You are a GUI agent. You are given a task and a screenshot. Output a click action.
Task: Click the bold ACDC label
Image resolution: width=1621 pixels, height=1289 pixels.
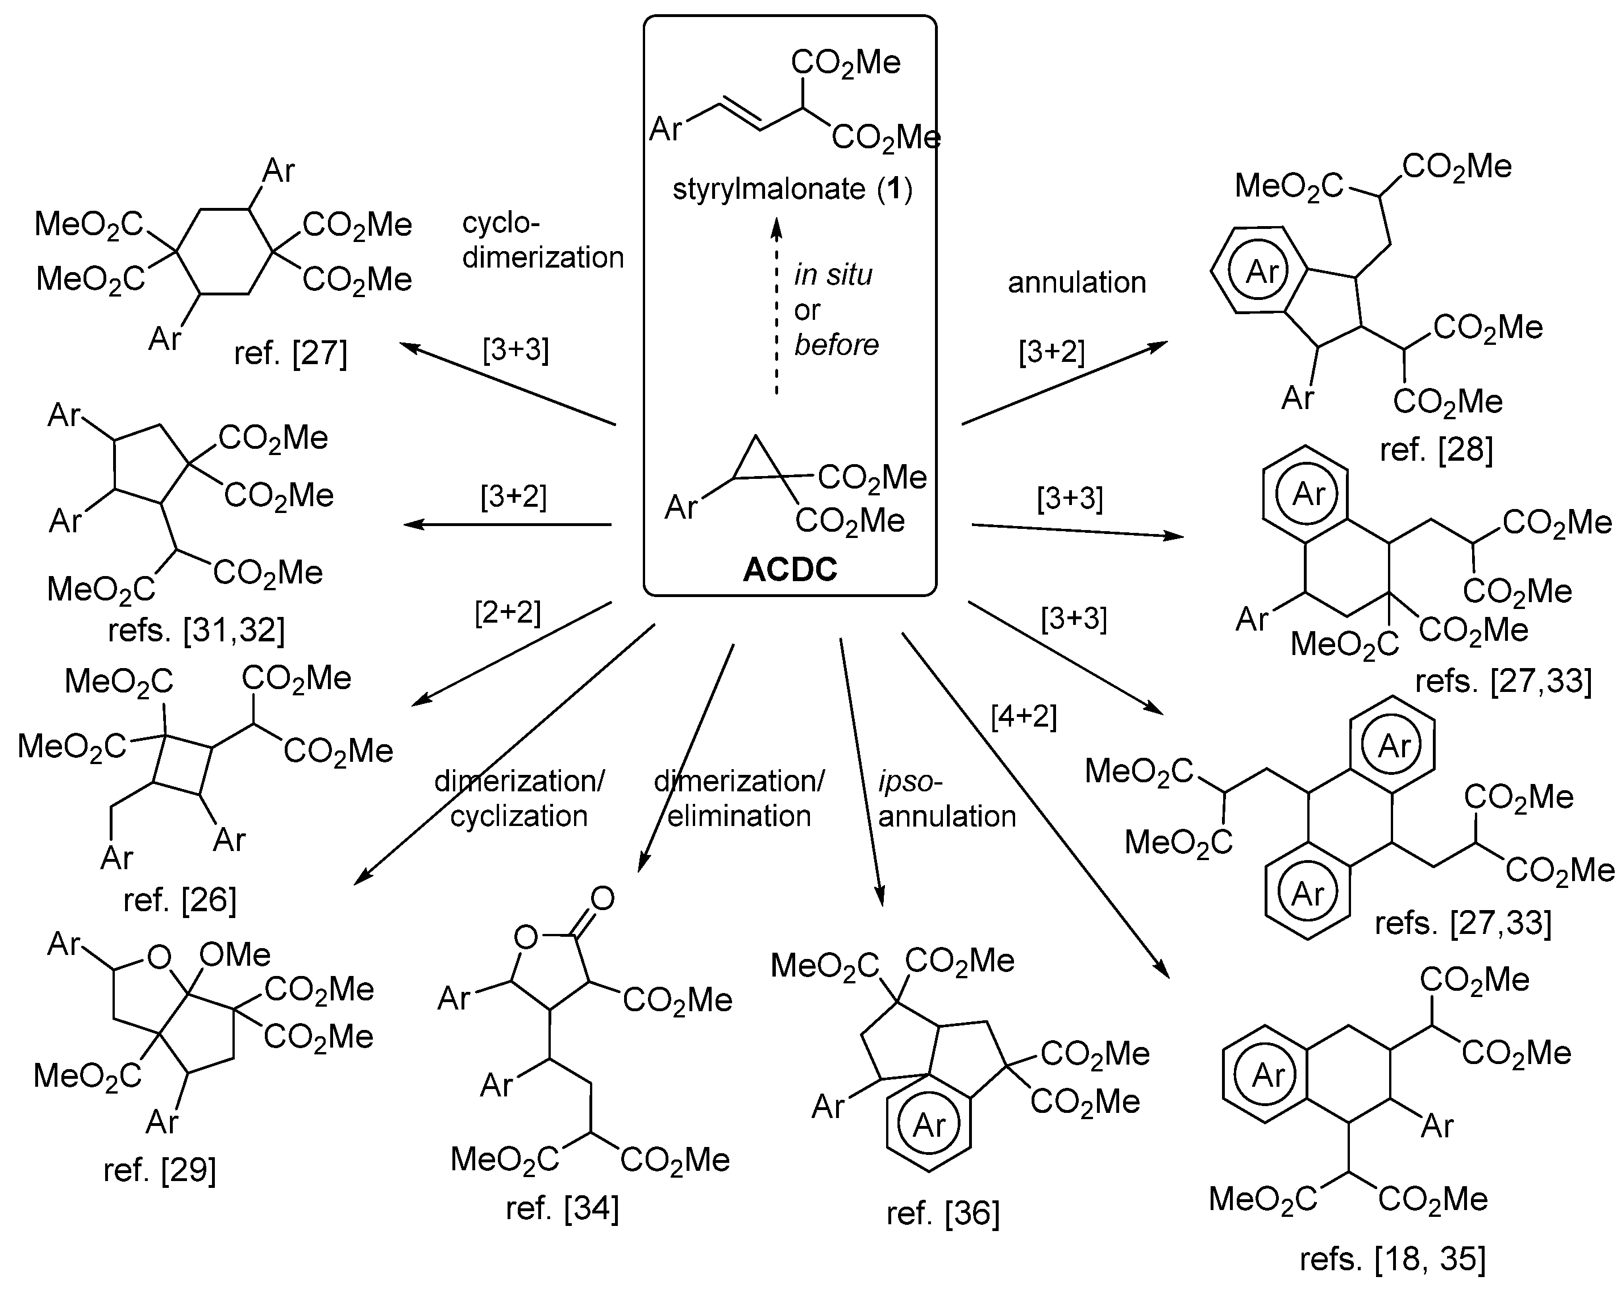tap(789, 570)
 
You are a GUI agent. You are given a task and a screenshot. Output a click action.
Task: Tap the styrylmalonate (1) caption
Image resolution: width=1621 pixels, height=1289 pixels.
tap(792, 189)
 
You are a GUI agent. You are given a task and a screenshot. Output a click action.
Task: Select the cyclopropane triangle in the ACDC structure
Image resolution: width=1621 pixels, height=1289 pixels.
tap(755, 461)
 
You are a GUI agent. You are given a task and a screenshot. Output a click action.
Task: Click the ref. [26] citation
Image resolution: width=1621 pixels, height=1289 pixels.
tap(180, 900)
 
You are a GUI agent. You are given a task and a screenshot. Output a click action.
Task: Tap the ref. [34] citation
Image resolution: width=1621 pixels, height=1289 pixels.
tap(562, 1208)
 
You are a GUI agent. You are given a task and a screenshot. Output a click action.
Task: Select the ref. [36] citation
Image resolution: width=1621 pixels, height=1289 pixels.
tap(943, 1213)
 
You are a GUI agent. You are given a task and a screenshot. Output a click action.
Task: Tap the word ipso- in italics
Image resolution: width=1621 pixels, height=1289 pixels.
tap(910, 782)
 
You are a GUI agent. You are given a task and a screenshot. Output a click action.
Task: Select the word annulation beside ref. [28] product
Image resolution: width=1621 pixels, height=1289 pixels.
tap(1076, 282)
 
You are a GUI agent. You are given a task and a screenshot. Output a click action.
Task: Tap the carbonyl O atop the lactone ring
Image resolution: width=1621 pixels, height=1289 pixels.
tap(602, 898)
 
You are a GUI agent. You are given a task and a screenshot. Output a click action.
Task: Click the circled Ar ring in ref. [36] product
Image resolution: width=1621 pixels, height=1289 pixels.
tap(929, 1125)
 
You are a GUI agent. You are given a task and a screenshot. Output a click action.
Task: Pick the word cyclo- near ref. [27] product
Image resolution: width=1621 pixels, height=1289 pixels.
tap(501, 223)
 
